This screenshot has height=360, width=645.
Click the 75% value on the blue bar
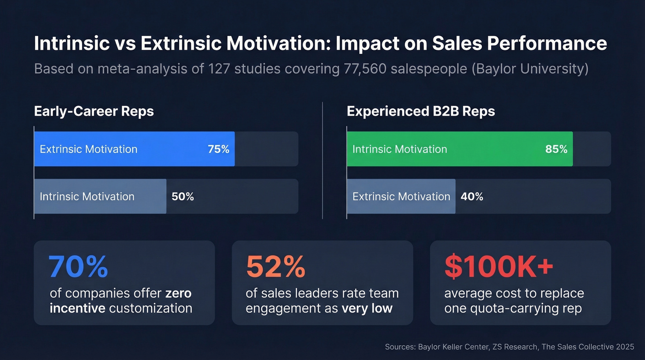coord(218,149)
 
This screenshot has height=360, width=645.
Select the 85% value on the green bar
coord(556,149)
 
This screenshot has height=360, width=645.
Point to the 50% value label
coord(182,197)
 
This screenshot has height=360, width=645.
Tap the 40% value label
coord(472,197)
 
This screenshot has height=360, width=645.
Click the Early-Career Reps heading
coord(94,112)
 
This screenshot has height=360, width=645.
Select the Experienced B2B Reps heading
coord(421,112)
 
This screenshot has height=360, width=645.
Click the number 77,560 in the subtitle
coord(366,69)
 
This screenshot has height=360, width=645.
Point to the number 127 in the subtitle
coord(221,69)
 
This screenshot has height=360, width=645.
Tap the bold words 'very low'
coord(367,308)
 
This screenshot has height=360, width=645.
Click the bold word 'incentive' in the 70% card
coord(77,308)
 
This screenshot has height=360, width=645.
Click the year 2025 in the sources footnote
coord(624,347)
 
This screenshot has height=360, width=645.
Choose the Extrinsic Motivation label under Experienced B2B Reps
coord(401,197)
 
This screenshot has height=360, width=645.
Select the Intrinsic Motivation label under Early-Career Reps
coord(87,197)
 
